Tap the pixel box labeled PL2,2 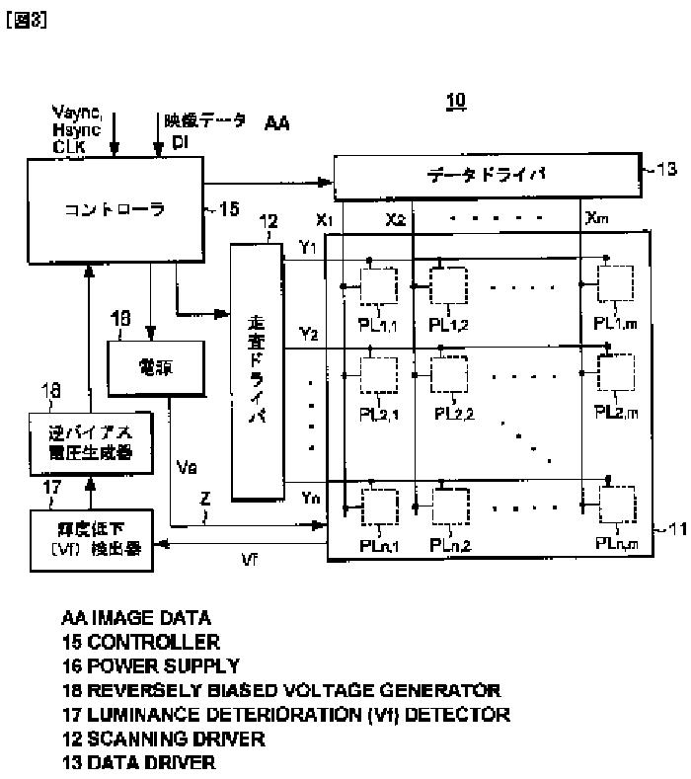pos(451,374)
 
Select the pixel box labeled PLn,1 pos(376,506)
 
